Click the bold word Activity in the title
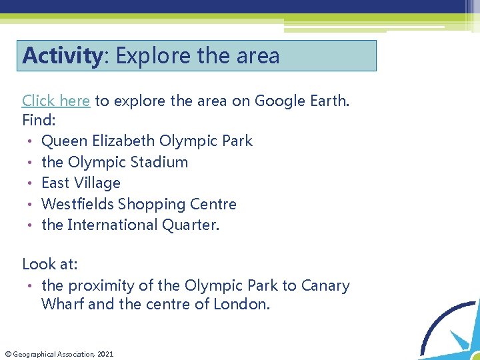[61, 56]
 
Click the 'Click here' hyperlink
[56, 101]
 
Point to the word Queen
[65, 141]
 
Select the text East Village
[81, 183]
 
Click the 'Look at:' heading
[50, 264]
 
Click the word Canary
[325, 285]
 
